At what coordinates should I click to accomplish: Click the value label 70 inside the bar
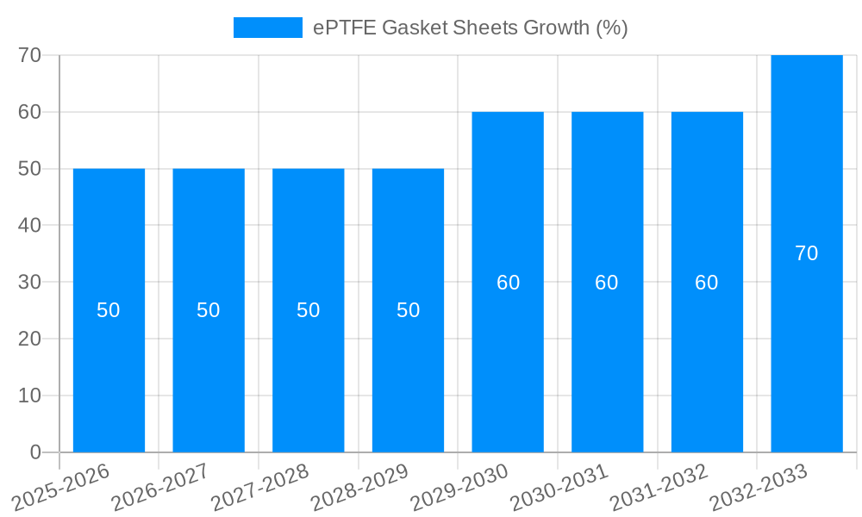click(807, 253)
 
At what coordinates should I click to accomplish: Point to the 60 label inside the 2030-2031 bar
click(607, 283)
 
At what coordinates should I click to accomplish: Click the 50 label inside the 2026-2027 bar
click(209, 310)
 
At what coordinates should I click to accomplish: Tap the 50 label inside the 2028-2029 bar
click(408, 310)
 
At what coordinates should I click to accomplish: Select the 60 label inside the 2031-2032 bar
click(707, 283)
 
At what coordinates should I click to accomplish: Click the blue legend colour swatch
click(268, 28)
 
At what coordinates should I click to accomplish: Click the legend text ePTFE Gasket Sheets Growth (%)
click(470, 28)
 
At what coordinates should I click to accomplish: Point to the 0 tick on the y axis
click(35, 452)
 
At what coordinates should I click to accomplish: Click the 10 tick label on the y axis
click(30, 396)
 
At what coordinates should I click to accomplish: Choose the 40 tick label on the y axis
click(30, 226)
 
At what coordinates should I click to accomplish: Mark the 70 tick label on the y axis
click(30, 55)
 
